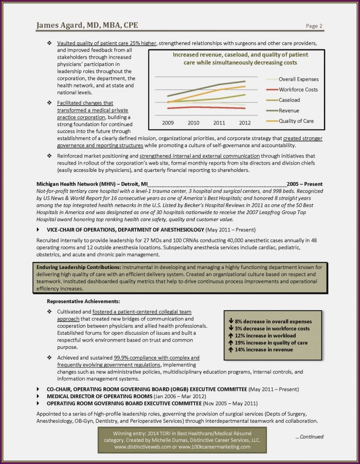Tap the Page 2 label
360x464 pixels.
point(314,26)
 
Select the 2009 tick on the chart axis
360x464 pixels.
point(168,123)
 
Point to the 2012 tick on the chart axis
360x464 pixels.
point(244,123)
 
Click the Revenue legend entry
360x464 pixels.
point(289,110)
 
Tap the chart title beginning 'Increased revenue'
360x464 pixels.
point(238,58)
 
